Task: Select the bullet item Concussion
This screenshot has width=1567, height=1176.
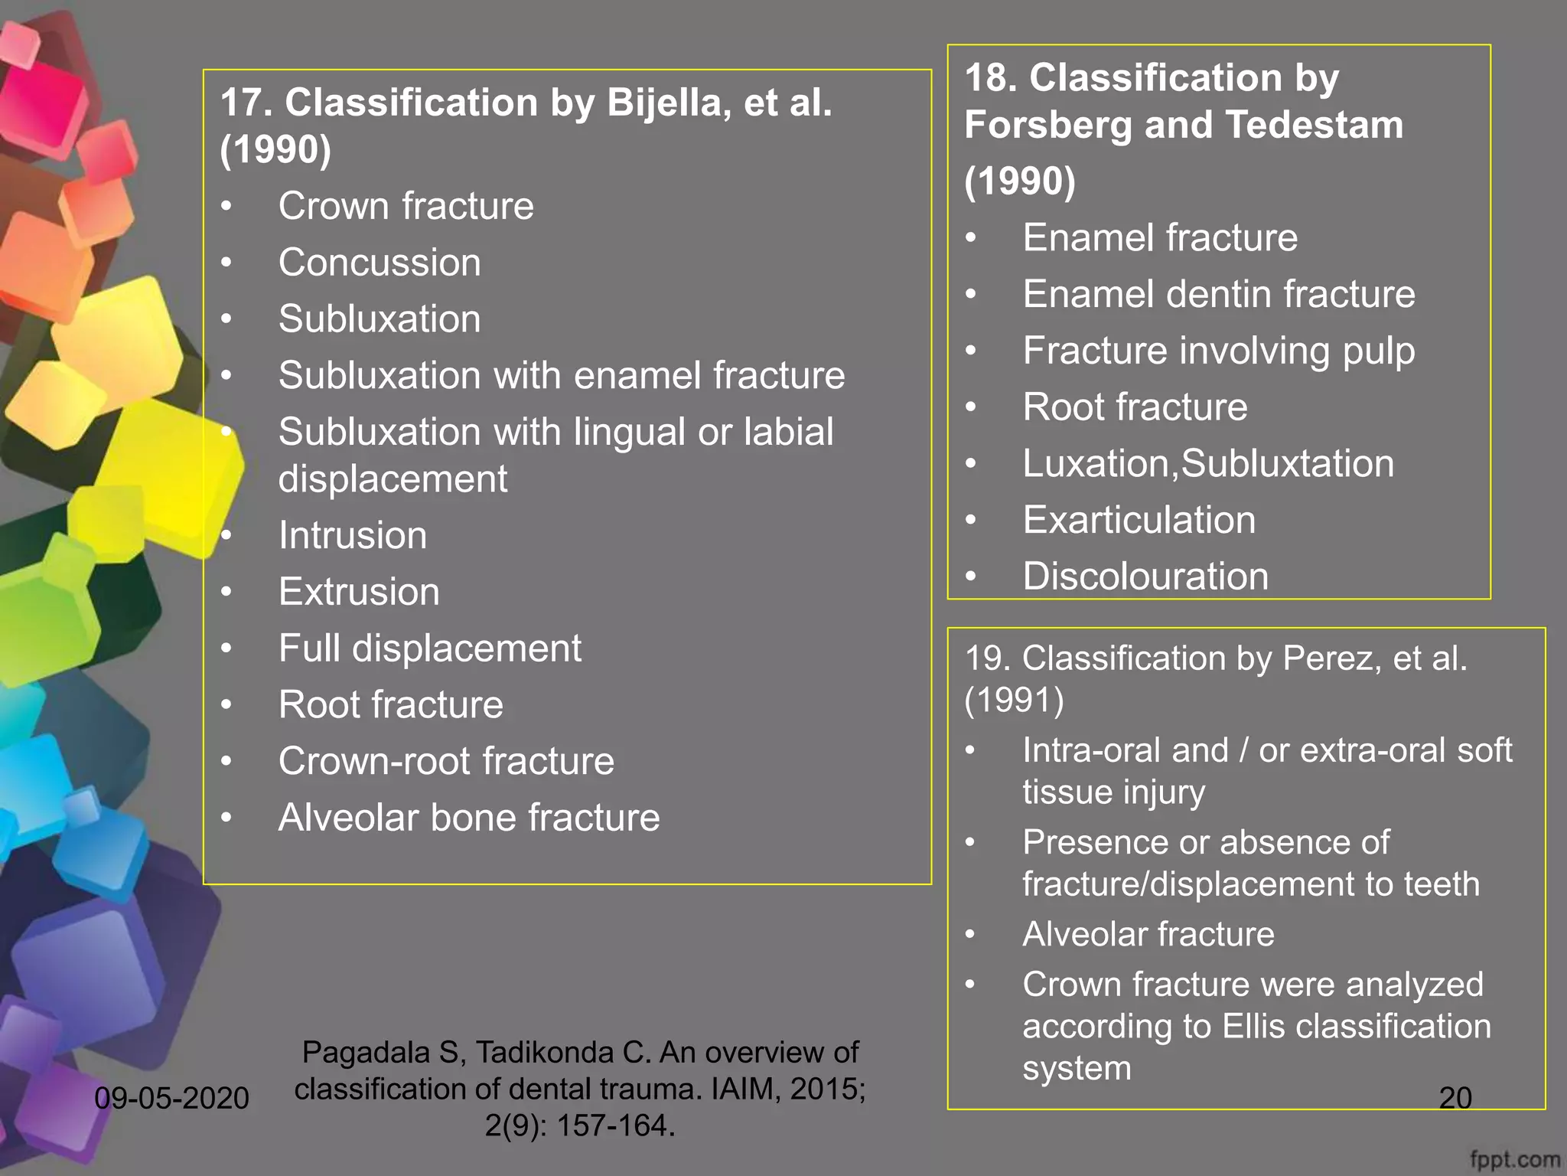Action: pos(380,263)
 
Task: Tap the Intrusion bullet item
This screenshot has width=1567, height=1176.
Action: pos(353,535)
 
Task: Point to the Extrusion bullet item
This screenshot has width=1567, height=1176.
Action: pos(359,592)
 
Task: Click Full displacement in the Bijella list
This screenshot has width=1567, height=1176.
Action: pos(429,648)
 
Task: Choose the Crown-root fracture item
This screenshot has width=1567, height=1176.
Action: pos(446,761)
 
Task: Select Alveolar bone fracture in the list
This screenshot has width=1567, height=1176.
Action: pos(469,818)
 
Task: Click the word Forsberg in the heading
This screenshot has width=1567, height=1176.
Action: pos(1047,125)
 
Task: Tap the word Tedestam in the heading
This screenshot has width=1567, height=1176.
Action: pos(1314,125)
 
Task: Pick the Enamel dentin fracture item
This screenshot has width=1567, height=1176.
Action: pos(1219,294)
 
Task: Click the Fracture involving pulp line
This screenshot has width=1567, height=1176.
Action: pos(1219,351)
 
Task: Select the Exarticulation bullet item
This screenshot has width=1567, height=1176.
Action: pos(1139,520)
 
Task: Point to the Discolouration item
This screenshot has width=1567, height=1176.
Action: pos(1145,577)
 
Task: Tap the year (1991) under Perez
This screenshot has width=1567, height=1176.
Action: pos(1014,700)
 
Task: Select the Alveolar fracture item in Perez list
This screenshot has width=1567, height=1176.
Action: pos(1148,934)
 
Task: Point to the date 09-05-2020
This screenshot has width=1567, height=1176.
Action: pos(171,1099)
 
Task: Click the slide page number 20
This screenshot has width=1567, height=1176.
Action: pos(1455,1099)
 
